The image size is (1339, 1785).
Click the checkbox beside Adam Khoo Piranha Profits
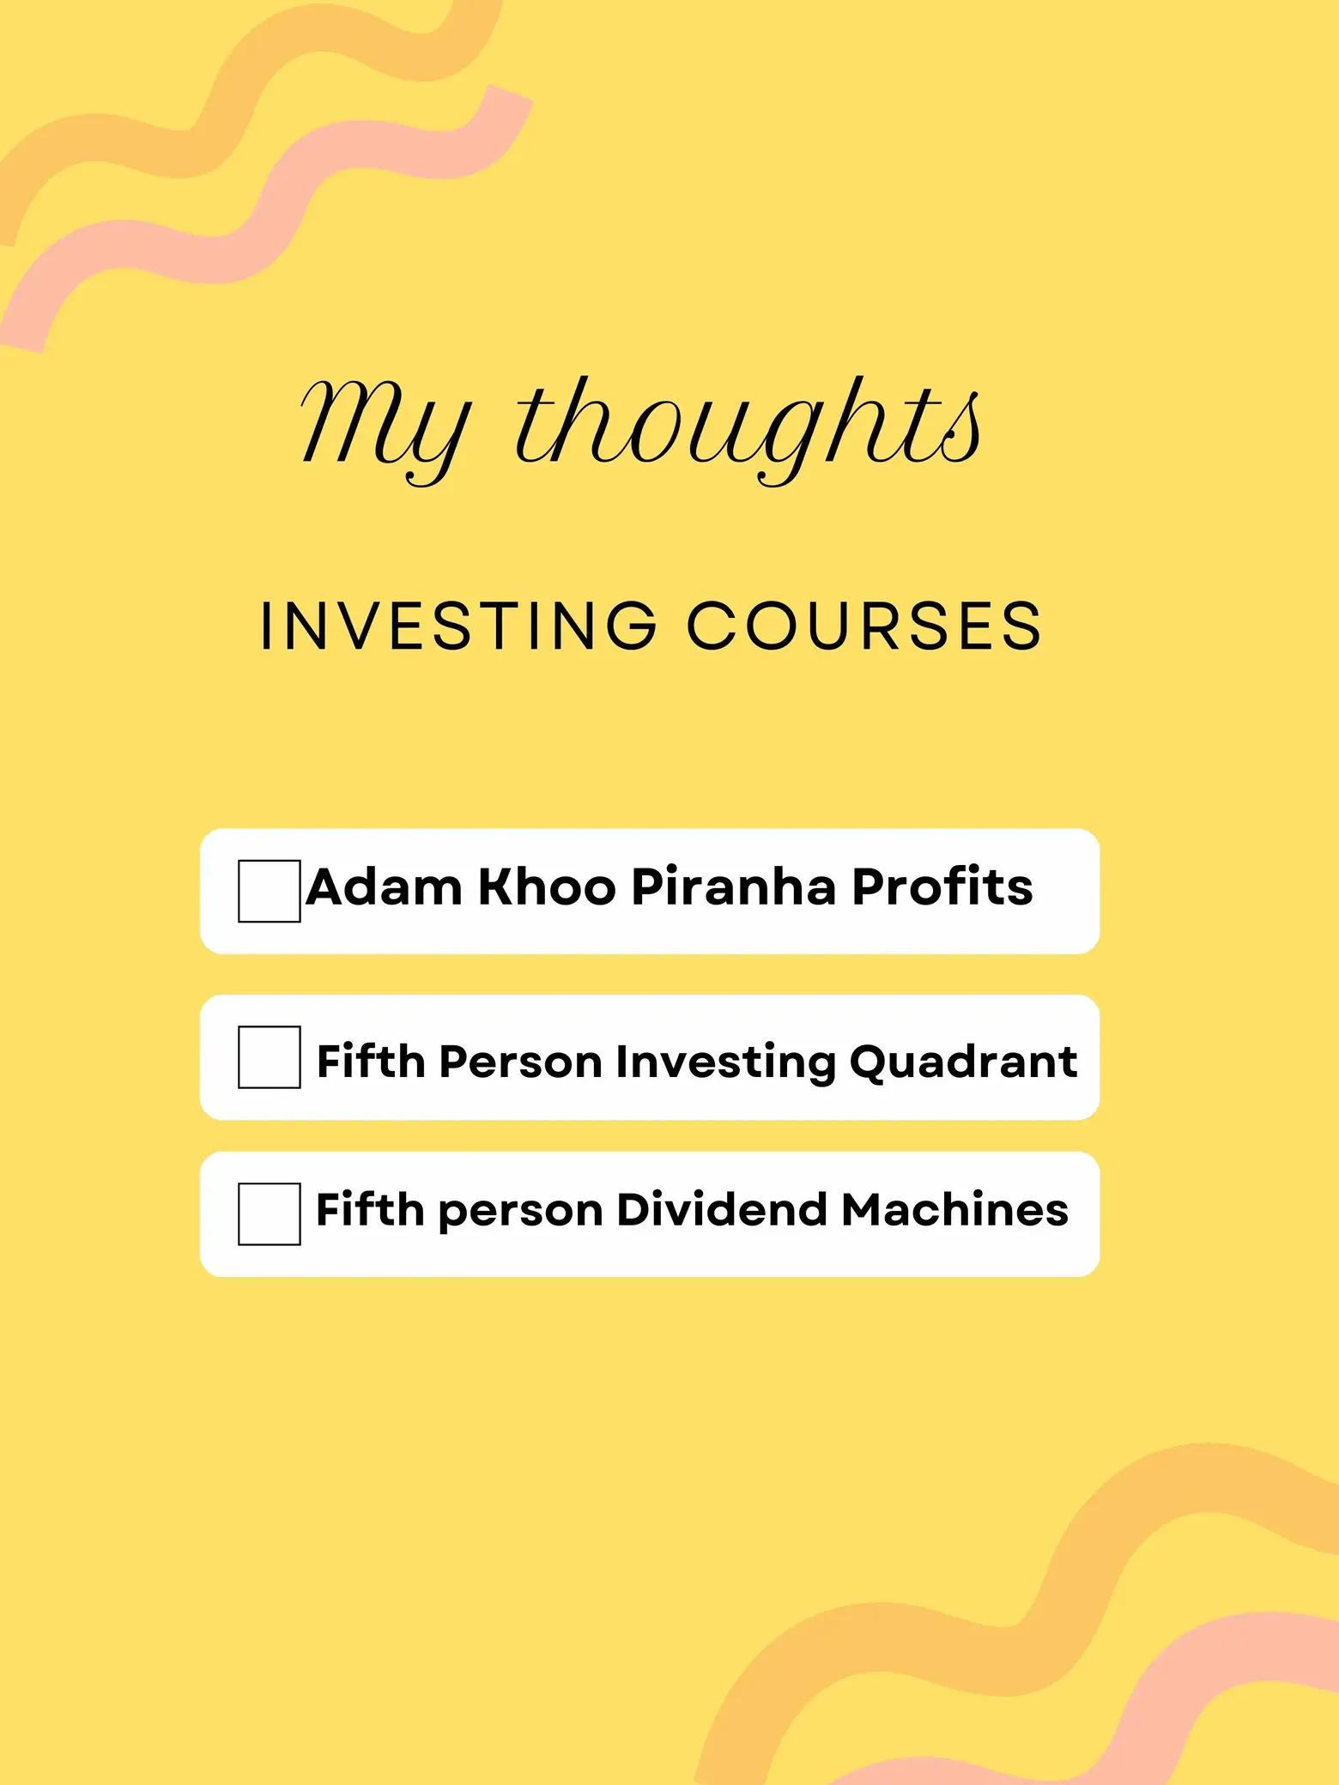point(270,891)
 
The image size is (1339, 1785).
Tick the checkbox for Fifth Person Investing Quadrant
point(270,1057)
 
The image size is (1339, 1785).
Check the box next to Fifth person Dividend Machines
point(270,1213)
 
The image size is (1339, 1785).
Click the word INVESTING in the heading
point(459,626)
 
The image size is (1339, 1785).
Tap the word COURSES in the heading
point(864,626)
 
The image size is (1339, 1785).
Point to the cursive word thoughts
point(748,429)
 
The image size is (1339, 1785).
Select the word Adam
point(384,886)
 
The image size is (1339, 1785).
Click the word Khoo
point(547,886)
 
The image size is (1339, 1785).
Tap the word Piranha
point(734,886)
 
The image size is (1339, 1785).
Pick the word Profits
point(942,886)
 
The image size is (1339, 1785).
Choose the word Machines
point(954,1209)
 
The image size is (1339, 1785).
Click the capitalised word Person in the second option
point(520,1062)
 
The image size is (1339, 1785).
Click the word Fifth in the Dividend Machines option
point(370,1209)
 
